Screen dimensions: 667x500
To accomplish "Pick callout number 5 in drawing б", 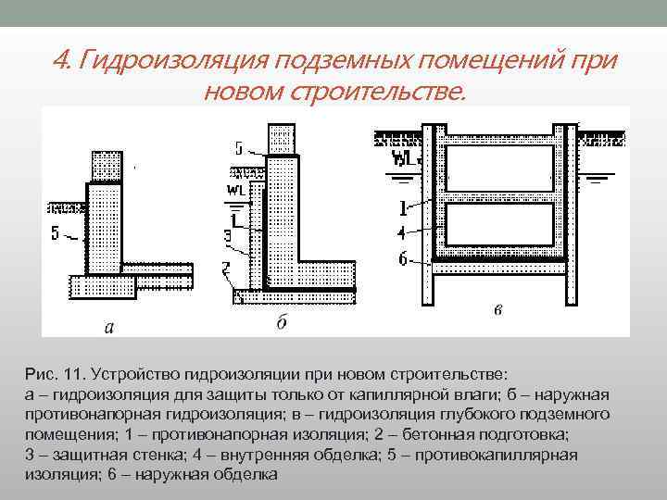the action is click(240, 147).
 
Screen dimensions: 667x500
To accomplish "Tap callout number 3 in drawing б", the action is click(227, 237).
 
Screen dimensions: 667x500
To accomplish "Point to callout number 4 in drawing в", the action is click(402, 232).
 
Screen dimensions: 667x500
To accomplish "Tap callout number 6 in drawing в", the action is click(403, 260).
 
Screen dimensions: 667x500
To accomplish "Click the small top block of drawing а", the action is click(106, 167).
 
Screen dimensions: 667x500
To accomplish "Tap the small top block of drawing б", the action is click(282, 140).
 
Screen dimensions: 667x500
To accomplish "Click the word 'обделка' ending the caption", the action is click(245, 474).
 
